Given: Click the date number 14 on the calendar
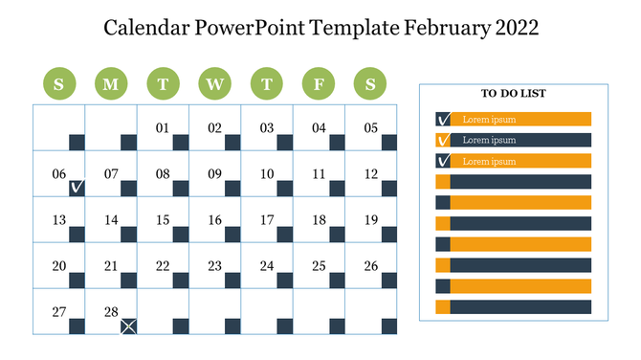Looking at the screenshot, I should tap(111, 220).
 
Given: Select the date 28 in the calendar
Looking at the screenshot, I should tap(111, 312).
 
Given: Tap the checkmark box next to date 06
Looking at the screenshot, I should tap(77, 189).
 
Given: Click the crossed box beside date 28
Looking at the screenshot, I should tap(128, 326).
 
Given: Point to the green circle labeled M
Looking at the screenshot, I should tap(111, 84).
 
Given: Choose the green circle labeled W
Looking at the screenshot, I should tap(214, 84).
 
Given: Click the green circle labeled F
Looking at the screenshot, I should tap(319, 84).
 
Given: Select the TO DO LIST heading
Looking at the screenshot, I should tap(514, 94).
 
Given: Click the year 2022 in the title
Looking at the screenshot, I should tap(517, 27).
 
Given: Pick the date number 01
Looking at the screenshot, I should tap(163, 128).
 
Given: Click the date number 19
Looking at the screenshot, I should tap(370, 220).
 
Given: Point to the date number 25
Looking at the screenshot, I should tap(319, 266).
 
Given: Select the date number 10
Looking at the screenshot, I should tap(267, 174).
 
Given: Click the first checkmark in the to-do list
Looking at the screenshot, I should tap(443, 120).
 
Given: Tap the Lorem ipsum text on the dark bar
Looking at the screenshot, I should tap(489, 140).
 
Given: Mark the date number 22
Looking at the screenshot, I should tap(163, 266).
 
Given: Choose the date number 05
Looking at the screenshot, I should tap(370, 128).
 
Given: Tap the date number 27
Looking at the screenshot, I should tap(59, 312).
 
